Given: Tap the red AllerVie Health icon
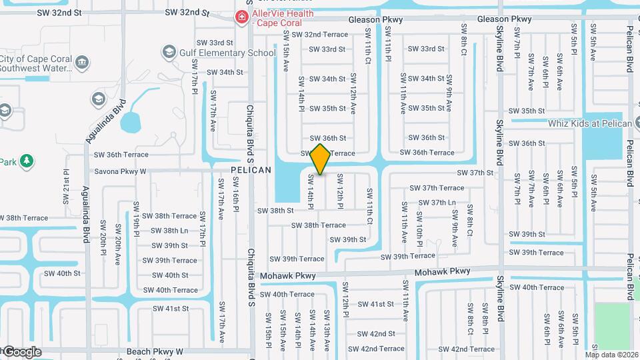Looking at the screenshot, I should (x=241, y=17).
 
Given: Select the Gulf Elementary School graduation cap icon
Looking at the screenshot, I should (x=169, y=52).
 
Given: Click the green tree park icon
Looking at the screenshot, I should (x=27, y=161).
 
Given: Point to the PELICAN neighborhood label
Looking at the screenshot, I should (x=251, y=170).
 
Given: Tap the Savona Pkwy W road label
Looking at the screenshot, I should (x=120, y=171).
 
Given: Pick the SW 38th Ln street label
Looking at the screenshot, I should (x=169, y=231).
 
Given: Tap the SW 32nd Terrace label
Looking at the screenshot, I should (x=319, y=35).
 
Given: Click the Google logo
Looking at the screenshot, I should (x=21, y=352).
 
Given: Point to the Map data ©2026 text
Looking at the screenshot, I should (x=611, y=354).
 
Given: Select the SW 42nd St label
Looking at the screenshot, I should (x=377, y=333).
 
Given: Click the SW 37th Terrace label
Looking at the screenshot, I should (x=437, y=188).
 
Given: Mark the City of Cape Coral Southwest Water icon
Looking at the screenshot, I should (x=82, y=63).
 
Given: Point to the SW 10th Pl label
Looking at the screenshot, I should (x=421, y=227).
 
